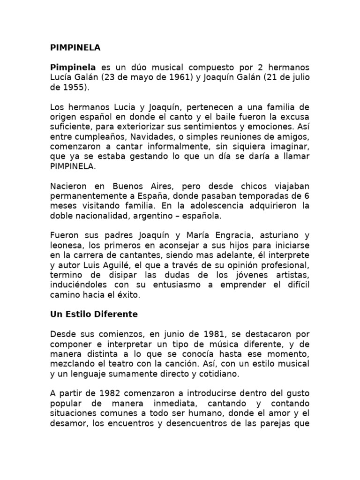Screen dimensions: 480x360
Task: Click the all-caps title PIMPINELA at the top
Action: pyautogui.click(x=75, y=48)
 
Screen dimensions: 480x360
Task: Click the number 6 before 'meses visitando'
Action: pyautogui.click(x=307, y=195)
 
